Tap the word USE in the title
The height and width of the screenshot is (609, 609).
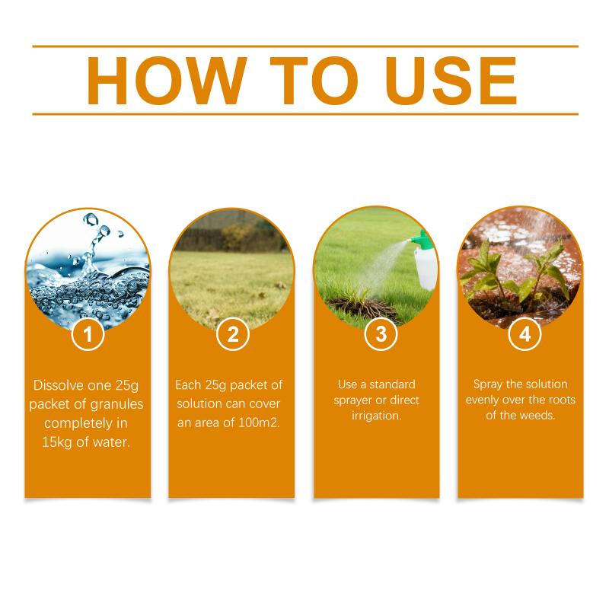(x=451, y=81)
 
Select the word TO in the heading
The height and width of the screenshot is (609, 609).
(x=314, y=81)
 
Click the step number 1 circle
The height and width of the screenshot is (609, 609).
(x=88, y=334)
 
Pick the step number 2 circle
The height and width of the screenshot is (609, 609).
(x=233, y=334)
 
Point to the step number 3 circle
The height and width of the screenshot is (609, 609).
(x=381, y=334)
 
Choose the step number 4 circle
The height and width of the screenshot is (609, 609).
(x=525, y=334)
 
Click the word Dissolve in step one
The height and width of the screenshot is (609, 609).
(x=59, y=385)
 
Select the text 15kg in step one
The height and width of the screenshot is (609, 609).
(x=56, y=442)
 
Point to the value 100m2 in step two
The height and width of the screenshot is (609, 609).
(x=259, y=422)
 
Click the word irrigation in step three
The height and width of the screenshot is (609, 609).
(x=376, y=416)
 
